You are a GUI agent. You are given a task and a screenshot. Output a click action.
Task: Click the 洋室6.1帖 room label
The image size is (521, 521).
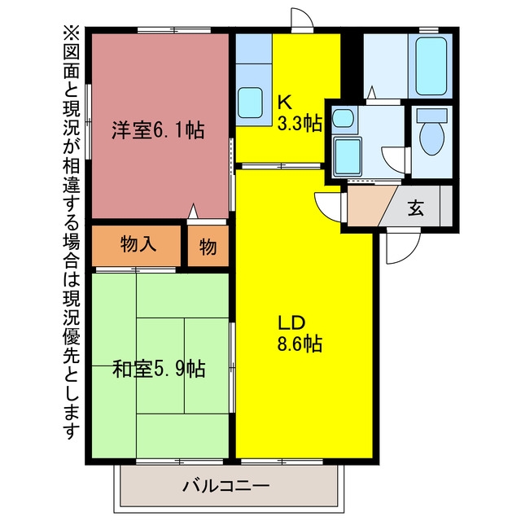pos(158,130)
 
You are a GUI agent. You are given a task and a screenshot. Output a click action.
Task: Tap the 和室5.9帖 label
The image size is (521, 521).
pos(159,369)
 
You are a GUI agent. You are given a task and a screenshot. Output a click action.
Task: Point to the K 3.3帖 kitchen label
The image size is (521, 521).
pos(300,113)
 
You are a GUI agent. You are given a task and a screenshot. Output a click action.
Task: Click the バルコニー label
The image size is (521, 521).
pos(226,487)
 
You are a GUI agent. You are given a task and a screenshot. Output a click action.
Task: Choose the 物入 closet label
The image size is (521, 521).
pos(138,244)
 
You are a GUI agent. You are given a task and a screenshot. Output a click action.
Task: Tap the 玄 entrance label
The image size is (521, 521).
pos(416,208)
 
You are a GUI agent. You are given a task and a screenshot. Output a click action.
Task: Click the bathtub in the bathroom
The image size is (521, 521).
pos(431,66)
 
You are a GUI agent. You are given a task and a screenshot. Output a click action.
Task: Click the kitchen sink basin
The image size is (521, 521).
pos(250,103)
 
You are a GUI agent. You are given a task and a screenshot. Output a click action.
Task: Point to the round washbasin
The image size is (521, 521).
pos(343,118)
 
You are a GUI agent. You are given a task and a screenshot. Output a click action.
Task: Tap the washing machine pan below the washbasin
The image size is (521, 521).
pos(348,156)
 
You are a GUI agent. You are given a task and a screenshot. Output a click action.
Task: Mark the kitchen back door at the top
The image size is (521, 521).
pos(302,19)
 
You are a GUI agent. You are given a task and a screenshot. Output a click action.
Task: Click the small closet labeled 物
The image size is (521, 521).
pos(208,246)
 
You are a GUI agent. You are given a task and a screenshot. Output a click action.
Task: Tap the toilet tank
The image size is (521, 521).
pos(432,115)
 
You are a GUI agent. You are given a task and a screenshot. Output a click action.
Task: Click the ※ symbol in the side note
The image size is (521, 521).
pos(72,34)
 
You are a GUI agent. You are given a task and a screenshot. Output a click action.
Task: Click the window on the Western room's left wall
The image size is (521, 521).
pos(88,121)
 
